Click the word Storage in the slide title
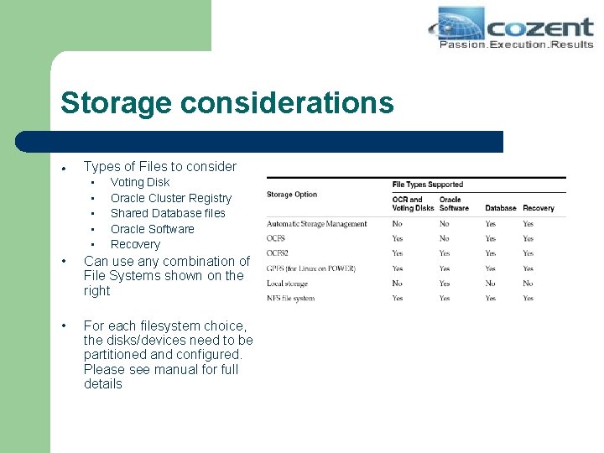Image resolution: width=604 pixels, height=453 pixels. (x=115, y=102)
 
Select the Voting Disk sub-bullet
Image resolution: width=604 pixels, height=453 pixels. (x=139, y=182)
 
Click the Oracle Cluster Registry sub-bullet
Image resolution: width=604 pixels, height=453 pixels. (x=170, y=198)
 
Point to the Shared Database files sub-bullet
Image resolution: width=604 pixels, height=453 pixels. (x=168, y=213)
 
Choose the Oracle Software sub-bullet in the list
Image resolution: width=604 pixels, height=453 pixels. (x=152, y=229)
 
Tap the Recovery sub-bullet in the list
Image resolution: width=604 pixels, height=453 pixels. (x=135, y=244)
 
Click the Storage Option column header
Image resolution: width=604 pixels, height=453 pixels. (x=292, y=195)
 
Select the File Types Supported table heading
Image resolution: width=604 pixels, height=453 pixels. (x=427, y=185)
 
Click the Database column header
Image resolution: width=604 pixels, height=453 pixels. (x=500, y=208)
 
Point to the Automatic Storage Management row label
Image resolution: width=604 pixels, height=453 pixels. (x=316, y=224)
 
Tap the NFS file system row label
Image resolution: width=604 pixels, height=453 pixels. (x=290, y=298)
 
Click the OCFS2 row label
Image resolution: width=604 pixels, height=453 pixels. (x=278, y=253)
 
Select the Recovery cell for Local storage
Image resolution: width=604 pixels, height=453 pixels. (x=528, y=284)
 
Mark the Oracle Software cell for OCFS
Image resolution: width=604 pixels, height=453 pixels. (x=444, y=238)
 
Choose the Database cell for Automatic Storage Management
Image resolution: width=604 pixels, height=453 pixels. (x=490, y=224)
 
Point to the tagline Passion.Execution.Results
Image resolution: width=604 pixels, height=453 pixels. (x=515, y=44)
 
